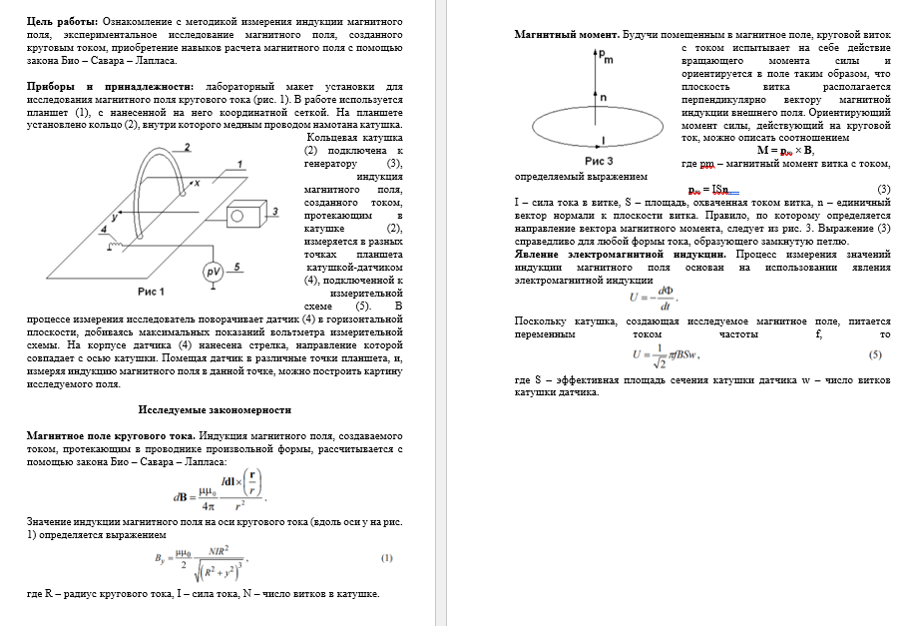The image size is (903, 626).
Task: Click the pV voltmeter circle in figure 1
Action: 213,271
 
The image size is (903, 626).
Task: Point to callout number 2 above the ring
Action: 187,147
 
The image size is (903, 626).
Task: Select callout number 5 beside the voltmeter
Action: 236,267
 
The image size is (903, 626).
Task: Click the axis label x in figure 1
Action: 196,183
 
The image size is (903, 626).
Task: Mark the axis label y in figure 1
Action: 116,215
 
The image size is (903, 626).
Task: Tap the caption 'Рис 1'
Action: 152,292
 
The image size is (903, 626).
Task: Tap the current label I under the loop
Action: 603,140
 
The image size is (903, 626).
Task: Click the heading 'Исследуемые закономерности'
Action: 215,409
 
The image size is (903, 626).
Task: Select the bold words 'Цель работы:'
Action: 62,21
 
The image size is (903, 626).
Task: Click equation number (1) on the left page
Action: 387,557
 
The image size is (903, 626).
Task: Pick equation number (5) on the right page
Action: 875,354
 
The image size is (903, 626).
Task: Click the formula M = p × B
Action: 785,151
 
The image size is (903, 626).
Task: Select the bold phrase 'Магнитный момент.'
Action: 565,35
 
